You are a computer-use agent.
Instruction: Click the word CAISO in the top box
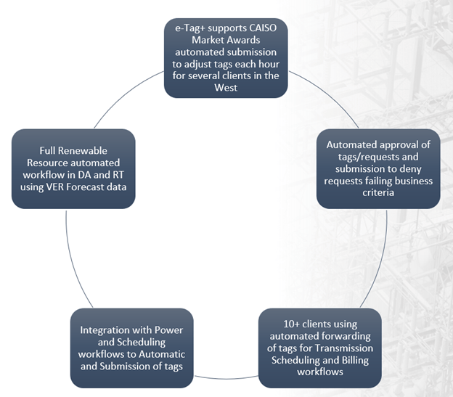point(263,28)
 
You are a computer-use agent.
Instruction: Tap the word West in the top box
point(226,88)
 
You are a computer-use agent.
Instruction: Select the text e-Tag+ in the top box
point(190,28)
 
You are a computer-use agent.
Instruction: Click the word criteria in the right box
point(378,192)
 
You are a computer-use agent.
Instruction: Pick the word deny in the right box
point(409,169)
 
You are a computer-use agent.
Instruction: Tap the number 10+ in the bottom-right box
point(291,324)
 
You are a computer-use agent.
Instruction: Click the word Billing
point(355,360)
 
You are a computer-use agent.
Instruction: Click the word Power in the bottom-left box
point(168,330)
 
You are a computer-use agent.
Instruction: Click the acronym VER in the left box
point(55,187)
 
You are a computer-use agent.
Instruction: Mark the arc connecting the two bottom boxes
point(226,378)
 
